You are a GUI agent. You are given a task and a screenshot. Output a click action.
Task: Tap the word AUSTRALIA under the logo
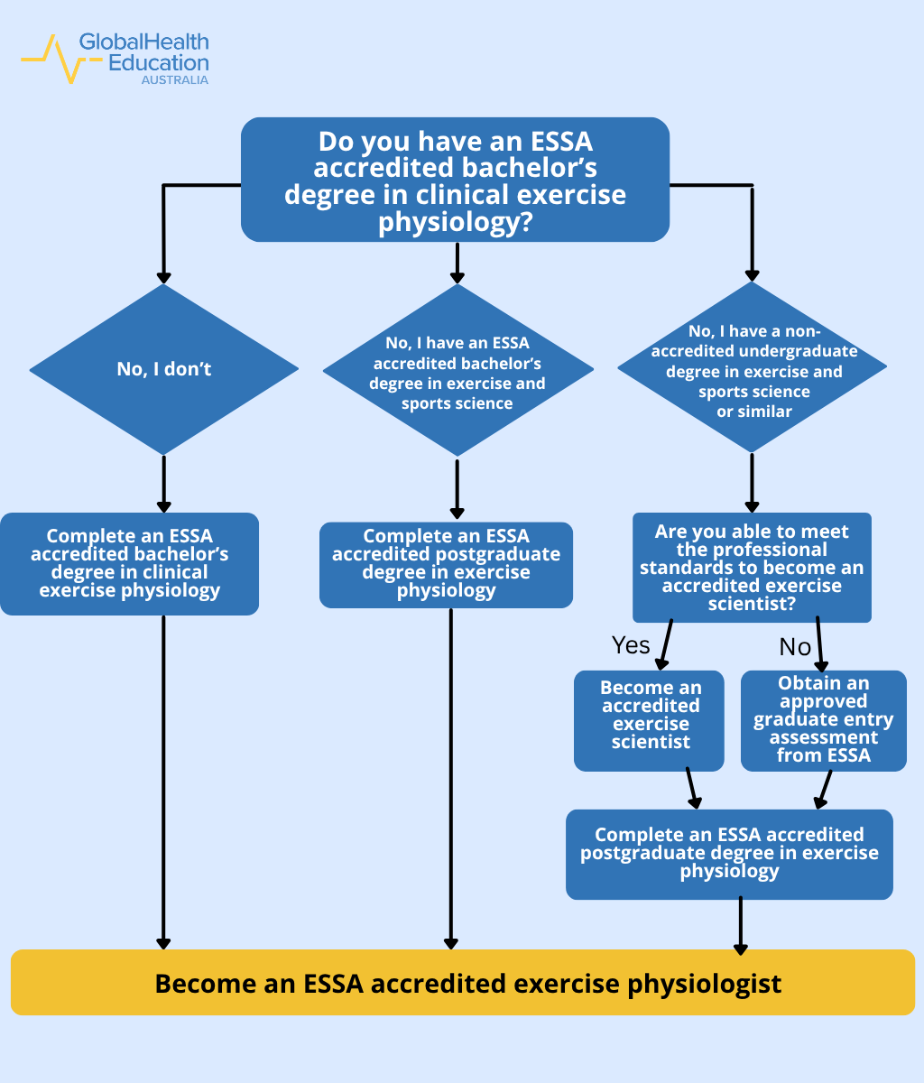coord(174,80)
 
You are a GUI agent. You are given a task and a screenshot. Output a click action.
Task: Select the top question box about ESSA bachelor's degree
coord(455,180)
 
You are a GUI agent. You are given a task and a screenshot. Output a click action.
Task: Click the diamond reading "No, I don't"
coord(164,368)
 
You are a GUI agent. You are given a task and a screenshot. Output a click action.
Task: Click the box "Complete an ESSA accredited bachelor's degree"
coord(129,564)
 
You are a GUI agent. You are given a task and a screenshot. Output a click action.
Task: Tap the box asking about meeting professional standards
coord(752,568)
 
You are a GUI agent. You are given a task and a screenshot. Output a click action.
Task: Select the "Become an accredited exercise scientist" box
coord(649,720)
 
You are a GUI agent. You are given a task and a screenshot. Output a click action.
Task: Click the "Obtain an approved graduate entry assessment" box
coord(823,720)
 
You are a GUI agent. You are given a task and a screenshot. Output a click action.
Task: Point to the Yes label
coord(631,644)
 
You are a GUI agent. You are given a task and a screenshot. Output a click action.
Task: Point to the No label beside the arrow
coord(795,646)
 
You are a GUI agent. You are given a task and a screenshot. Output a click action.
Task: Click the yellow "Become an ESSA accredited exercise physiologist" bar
coord(462,983)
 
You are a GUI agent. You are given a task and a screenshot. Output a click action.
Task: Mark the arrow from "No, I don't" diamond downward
coord(164,483)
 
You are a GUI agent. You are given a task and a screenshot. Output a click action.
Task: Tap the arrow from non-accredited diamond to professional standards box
coord(752,483)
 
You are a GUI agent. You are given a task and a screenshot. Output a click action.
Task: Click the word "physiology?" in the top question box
coord(455,223)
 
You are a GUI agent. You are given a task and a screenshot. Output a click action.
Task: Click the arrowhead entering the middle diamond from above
coord(457,274)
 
